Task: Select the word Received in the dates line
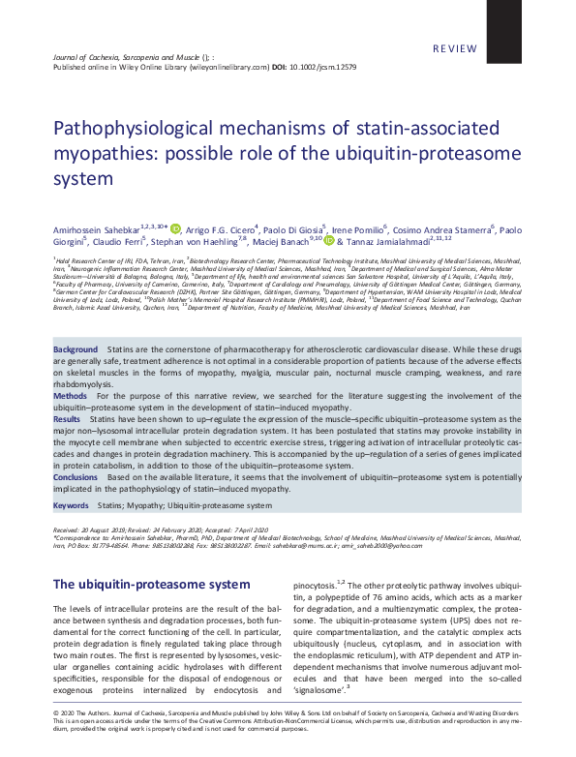point(66,531)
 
